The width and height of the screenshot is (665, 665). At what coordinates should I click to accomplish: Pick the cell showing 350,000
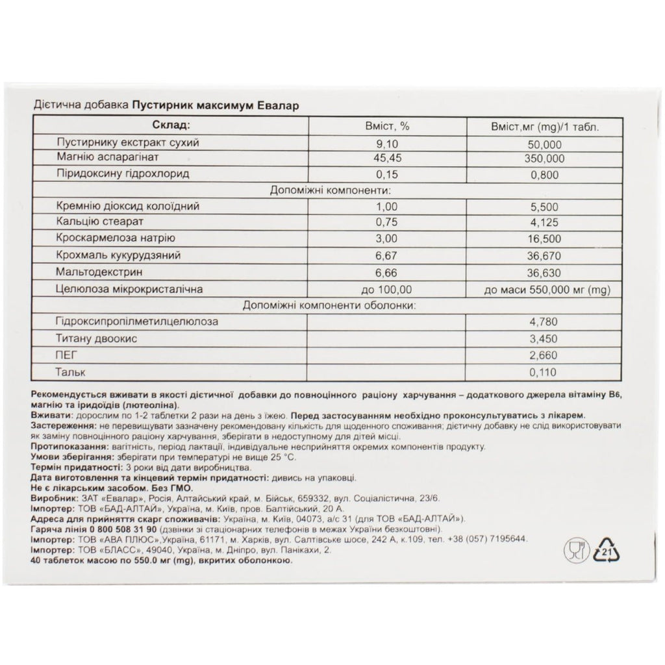coord(546,158)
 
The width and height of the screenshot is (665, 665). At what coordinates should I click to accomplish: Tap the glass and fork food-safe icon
coord(573,551)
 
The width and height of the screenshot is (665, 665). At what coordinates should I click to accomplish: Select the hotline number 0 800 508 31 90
coord(110,529)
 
